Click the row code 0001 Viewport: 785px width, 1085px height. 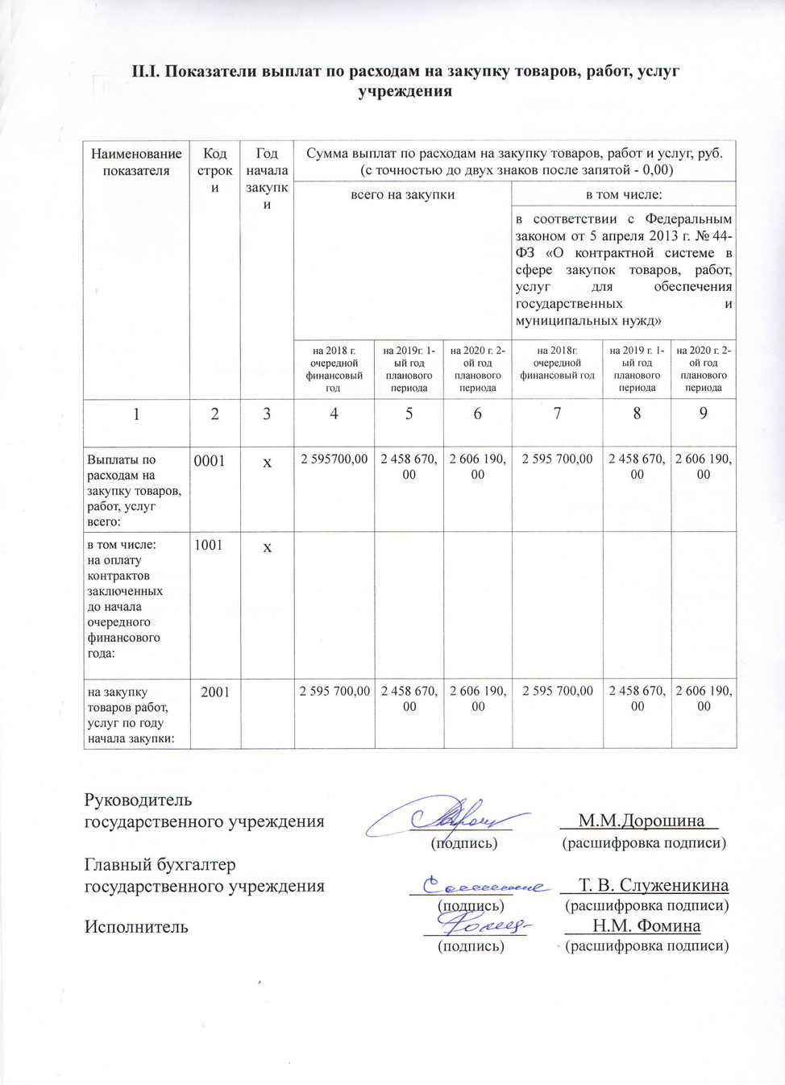click(x=209, y=461)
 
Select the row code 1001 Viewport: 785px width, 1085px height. click(x=209, y=546)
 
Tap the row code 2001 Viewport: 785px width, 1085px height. click(x=215, y=692)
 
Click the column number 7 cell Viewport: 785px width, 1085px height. click(x=557, y=414)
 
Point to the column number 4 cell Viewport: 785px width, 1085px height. click(x=334, y=414)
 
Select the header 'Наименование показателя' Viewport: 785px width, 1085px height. click(x=136, y=162)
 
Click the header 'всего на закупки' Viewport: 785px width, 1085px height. click(x=402, y=194)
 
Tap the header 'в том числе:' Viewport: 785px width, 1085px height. click(x=624, y=194)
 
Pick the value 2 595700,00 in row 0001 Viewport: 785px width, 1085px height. click(x=334, y=459)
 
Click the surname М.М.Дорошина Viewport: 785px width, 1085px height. click(x=642, y=821)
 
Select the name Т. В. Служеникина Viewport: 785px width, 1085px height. click(x=654, y=885)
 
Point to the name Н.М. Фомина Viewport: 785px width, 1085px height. click(x=646, y=926)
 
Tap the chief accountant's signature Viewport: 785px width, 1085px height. click(x=480, y=886)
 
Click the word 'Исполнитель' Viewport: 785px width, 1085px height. click(x=136, y=927)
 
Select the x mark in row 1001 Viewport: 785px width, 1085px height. click(x=267, y=547)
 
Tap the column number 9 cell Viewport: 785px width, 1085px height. click(x=704, y=414)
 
